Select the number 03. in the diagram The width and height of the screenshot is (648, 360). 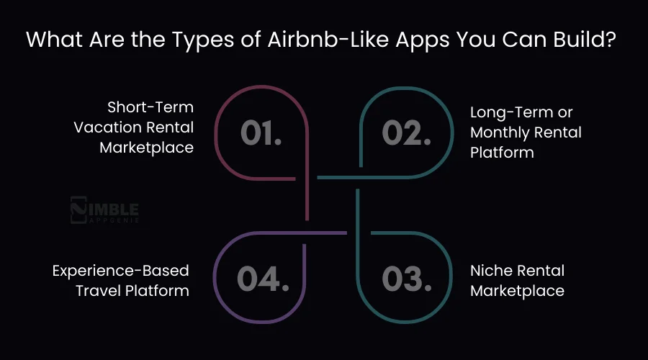tap(406, 279)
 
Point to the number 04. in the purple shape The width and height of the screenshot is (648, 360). tap(262, 279)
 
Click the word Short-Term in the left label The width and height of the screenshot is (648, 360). tap(150, 107)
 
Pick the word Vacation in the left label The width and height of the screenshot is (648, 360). tap(107, 127)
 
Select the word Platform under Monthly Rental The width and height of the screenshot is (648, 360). tap(502, 153)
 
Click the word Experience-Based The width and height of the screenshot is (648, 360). tap(120, 271)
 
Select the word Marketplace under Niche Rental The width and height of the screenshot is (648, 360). tap(517, 291)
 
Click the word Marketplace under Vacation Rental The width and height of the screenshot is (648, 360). tap(148, 148)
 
